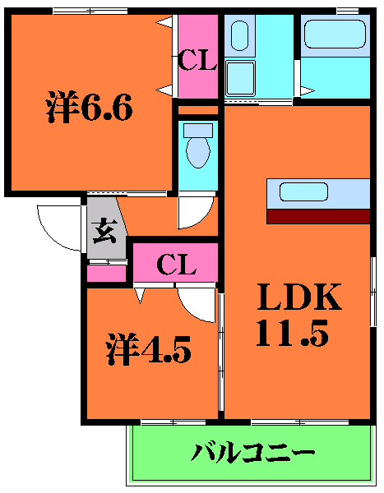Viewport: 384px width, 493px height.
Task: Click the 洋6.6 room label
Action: point(89,107)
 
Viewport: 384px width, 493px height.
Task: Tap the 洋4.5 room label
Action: point(148,350)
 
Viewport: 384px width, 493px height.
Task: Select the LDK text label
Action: point(300,297)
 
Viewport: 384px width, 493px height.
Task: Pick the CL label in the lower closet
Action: point(177,264)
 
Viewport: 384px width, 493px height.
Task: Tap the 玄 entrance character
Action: point(104,233)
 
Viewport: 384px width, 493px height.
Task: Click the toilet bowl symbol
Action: point(197,153)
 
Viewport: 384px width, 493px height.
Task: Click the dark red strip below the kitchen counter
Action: point(318,216)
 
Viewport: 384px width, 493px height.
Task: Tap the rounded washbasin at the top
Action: point(240,35)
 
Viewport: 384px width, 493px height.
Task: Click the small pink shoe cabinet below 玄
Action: point(107,273)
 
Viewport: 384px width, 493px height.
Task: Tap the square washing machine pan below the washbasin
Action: point(241,79)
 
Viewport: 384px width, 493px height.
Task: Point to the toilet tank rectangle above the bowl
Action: point(197,130)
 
